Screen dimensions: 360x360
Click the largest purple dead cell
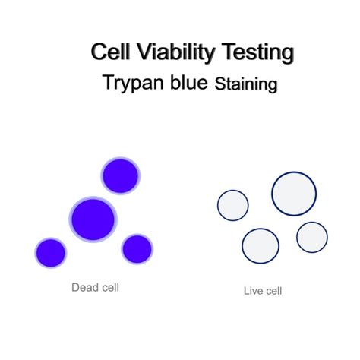click(x=93, y=219)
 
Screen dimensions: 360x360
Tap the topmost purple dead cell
click(x=120, y=175)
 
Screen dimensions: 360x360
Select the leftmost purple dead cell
click(x=51, y=252)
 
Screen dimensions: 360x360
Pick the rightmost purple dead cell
click(x=137, y=248)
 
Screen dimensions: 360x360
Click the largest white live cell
click(x=294, y=193)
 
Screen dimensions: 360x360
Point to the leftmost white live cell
click(x=233, y=205)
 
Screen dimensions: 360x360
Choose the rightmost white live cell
click(x=311, y=237)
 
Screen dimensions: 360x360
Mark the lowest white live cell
click(x=260, y=246)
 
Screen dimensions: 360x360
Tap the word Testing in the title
click(x=257, y=53)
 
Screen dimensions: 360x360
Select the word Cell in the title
click(x=109, y=53)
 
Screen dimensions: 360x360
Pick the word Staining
click(x=245, y=84)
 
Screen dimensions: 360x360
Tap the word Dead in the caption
click(x=84, y=287)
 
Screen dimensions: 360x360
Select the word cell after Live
click(x=273, y=290)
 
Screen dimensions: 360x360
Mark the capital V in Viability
click(x=138, y=53)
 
